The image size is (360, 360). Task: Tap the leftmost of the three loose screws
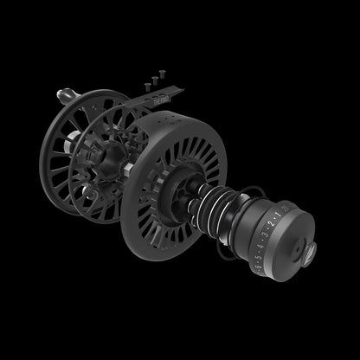click(145, 87)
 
